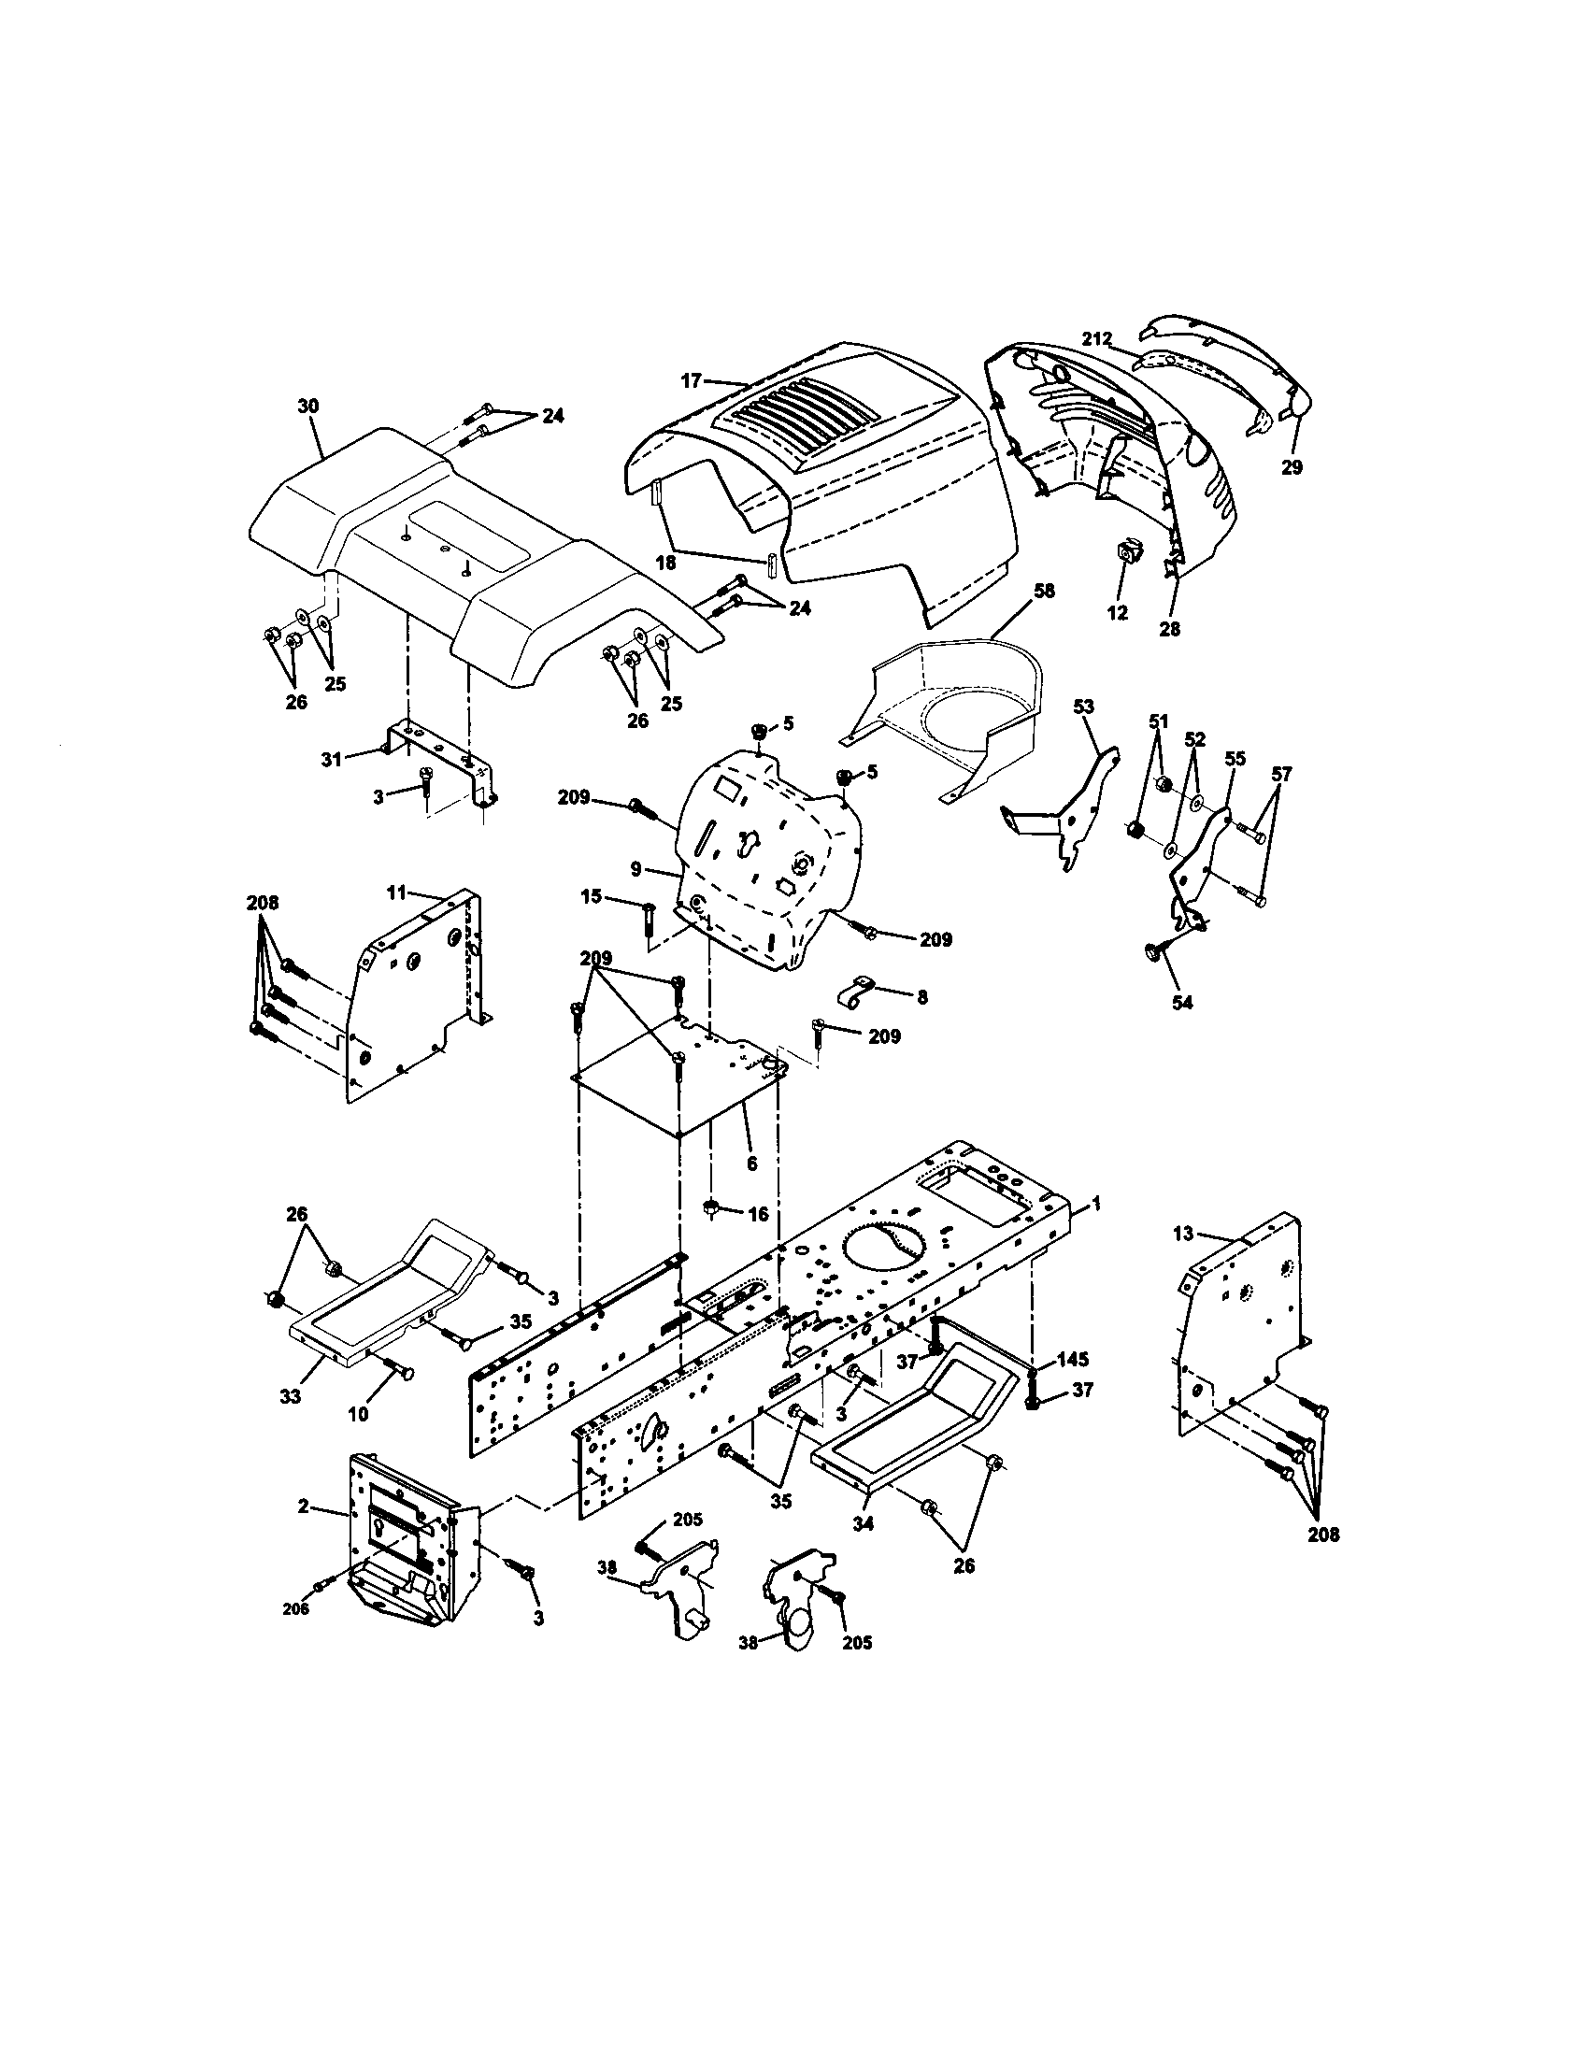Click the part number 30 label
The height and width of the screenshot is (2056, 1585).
pyautogui.click(x=307, y=406)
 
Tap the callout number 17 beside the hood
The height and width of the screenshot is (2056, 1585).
pyautogui.click(x=691, y=380)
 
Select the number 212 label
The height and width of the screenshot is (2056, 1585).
pyautogui.click(x=1097, y=338)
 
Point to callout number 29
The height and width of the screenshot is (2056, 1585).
pyautogui.click(x=1292, y=467)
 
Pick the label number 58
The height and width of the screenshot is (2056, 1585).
pyautogui.click(x=1044, y=592)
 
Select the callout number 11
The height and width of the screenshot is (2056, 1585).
pyautogui.click(x=397, y=890)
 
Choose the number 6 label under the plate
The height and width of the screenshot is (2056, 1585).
pyautogui.click(x=751, y=1164)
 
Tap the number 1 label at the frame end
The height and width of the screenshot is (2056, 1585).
pyautogui.click(x=1095, y=1203)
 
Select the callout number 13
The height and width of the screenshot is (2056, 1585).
pyautogui.click(x=1183, y=1234)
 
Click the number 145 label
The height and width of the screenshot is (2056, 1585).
pyautogui.click(x=1072, y=1360)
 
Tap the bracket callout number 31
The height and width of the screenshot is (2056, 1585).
pyautogui.click(x=331, y=759)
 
